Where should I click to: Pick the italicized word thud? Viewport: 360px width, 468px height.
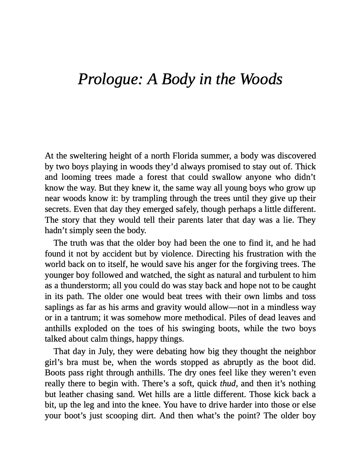pos(228,384)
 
